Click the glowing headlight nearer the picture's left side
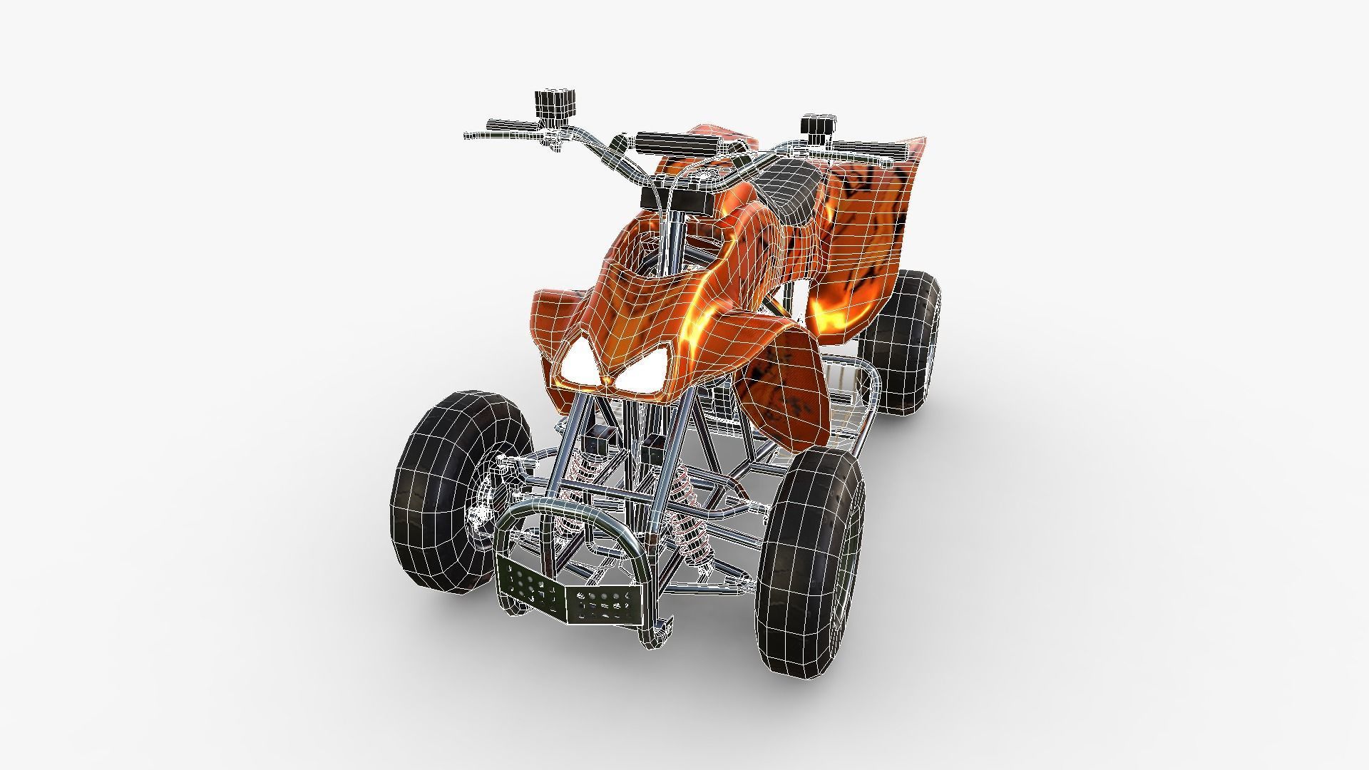click(579, 368)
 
